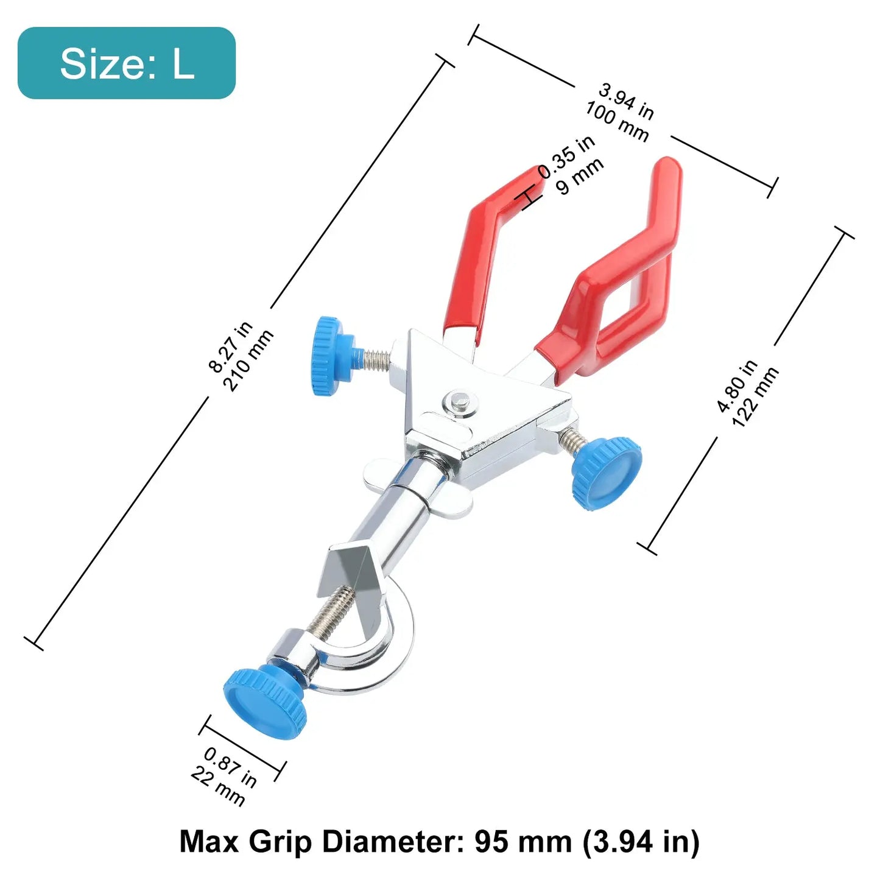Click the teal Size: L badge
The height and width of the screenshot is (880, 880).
click(127, 63)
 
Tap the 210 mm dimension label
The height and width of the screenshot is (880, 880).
click(250, 361)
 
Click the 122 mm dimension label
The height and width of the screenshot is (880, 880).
click(756, 397)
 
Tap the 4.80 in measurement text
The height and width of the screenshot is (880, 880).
click(737, 386)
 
